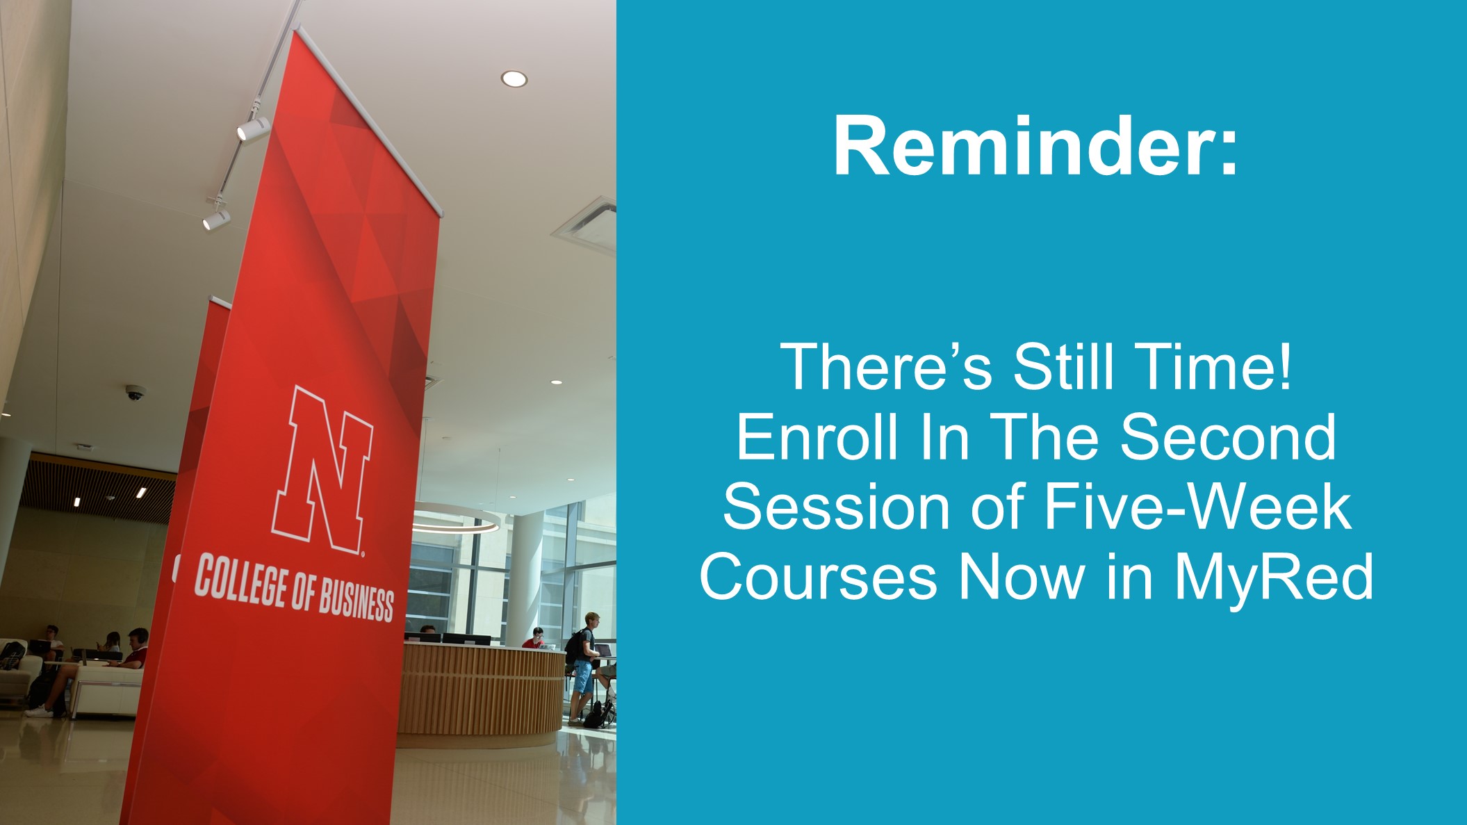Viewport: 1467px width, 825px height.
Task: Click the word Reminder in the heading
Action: click(x=1021, y=147)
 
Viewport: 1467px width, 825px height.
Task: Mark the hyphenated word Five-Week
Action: click(x=1198, y=507)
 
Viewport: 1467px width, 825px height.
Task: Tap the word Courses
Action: click(x=818, y=577)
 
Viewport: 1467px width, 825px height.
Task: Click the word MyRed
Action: click(x=1274, y=577)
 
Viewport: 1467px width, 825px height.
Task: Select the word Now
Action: click(x=1022, y=577)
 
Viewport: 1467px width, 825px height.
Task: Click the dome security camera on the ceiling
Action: click(x=135, y=393)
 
